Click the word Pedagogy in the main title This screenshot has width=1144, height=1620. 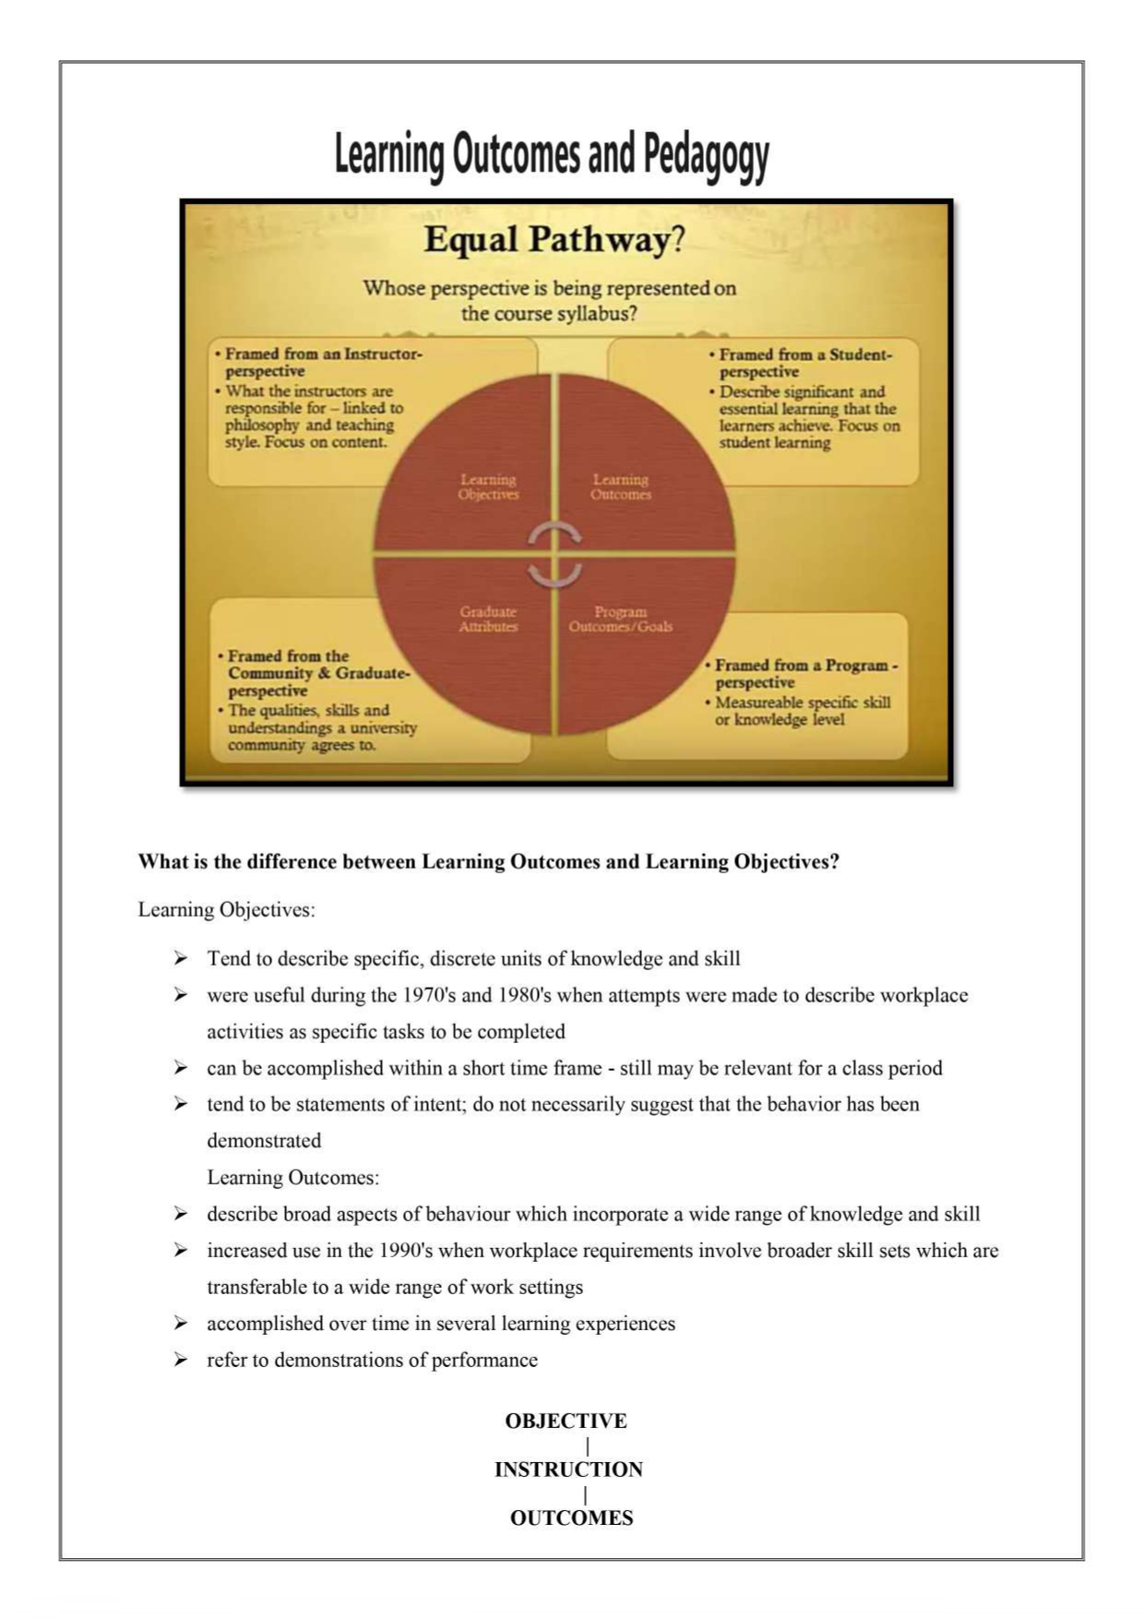[706, 155]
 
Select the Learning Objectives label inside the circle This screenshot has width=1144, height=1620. [488, 487]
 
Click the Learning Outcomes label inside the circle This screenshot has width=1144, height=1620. [621, 487]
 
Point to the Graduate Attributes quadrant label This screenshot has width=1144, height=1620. [488, 619]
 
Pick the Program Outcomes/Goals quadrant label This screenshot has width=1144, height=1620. [621, 619]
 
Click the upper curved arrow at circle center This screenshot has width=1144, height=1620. [554, 533]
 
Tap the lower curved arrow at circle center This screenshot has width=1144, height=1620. [554, 575]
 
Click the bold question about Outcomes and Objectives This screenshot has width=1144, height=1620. [489, 862]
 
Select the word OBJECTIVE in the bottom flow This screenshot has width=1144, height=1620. [566, 1422]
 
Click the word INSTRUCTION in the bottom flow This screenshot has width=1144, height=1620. [568, 1470]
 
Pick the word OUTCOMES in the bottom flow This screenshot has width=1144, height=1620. [571, 1518]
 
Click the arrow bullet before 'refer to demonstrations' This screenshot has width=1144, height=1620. [181, 1360]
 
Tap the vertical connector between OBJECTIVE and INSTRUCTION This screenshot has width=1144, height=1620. [588, 1446]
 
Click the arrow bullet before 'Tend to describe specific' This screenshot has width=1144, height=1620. [181, 958]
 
